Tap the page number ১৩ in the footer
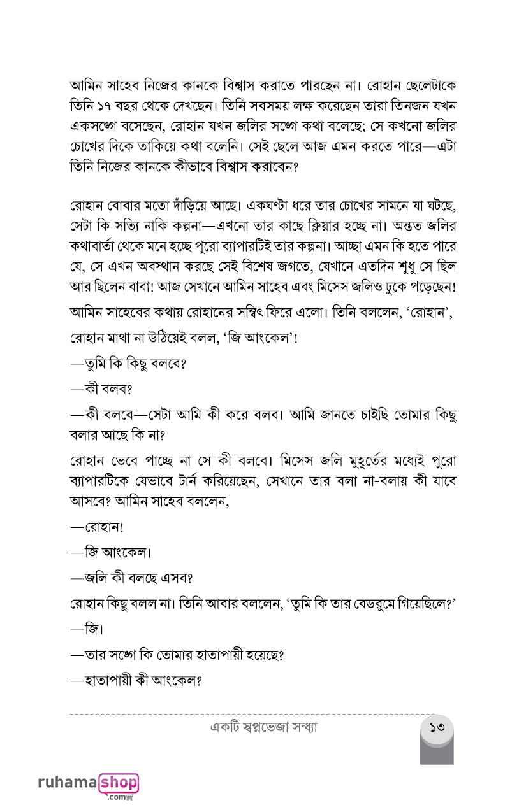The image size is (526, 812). (x=437, y=727)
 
